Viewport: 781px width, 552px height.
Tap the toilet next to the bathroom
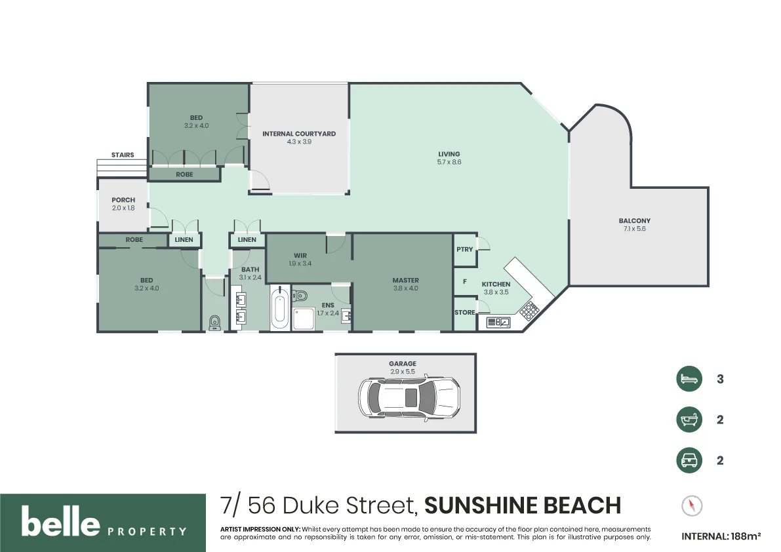[214, 321]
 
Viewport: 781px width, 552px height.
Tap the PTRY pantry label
[464, 250]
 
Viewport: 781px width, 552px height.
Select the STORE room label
[464, 313]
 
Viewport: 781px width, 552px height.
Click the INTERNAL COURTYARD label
[299, 134]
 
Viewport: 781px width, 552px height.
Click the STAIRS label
[123, 155]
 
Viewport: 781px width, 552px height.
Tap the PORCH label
[123, 200]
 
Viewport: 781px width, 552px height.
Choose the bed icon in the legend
[689, 379]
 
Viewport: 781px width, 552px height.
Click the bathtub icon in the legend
[689, 420]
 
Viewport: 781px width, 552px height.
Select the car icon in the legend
[689, 460]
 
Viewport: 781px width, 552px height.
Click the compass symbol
[691, 505]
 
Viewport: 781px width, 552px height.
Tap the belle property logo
[103, 522]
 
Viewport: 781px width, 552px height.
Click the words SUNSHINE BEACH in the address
[522, 505]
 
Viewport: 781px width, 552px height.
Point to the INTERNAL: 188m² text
[721, 536]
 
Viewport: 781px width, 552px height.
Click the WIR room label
[300, 256]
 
